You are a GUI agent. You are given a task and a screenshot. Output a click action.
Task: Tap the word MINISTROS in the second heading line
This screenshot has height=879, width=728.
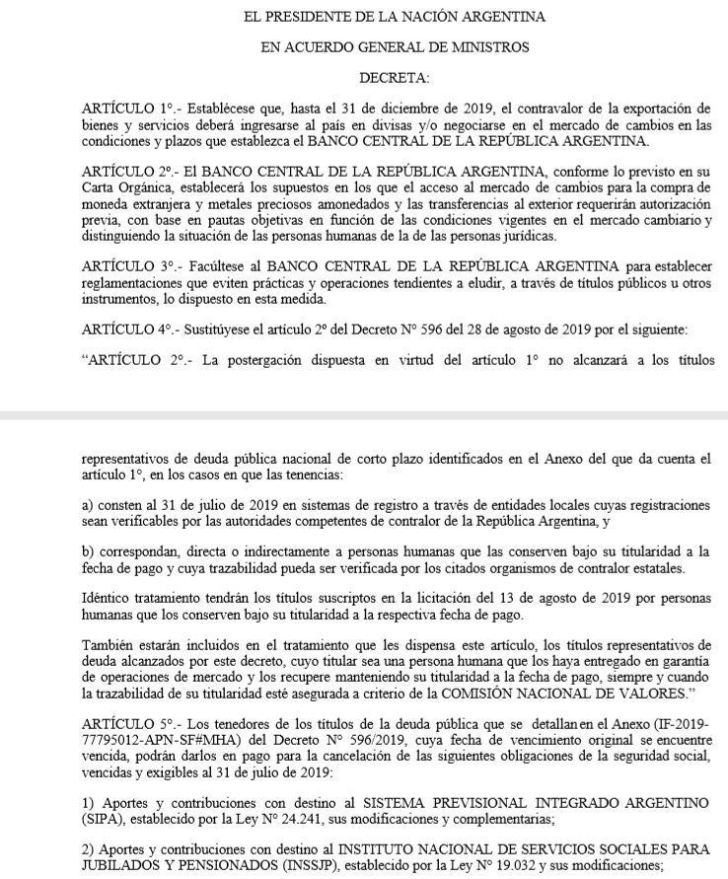(x=480, y=45)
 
